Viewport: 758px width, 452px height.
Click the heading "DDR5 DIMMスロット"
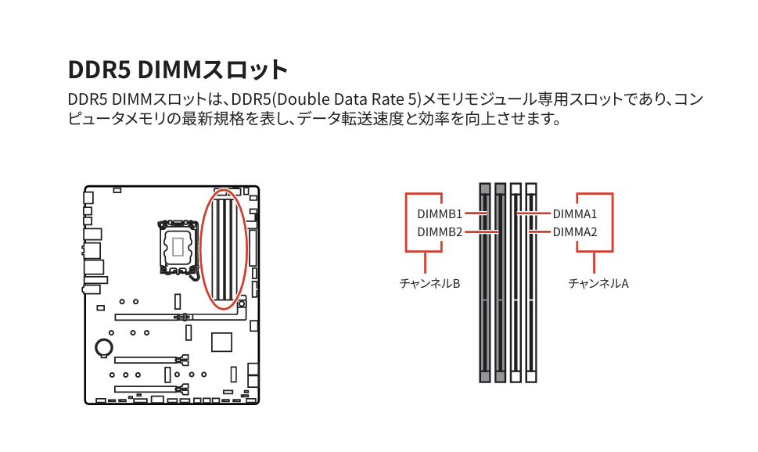178,70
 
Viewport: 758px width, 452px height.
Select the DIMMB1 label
440,213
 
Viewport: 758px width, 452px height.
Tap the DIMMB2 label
440,231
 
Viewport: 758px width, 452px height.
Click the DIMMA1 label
575,213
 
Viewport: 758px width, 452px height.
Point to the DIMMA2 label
575,231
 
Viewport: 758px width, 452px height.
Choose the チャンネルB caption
429,283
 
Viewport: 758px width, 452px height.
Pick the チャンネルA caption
598,283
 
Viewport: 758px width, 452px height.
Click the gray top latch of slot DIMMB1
485,188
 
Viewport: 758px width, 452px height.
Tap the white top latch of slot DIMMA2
531,188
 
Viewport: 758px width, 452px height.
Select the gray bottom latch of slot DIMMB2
501,377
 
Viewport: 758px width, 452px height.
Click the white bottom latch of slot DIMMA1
516,377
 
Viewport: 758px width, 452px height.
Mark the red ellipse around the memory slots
203,250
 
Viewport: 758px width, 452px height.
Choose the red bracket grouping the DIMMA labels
612,223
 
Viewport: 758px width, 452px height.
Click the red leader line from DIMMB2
482,231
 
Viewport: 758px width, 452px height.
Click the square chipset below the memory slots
222,343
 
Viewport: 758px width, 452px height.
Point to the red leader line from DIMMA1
533,213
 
